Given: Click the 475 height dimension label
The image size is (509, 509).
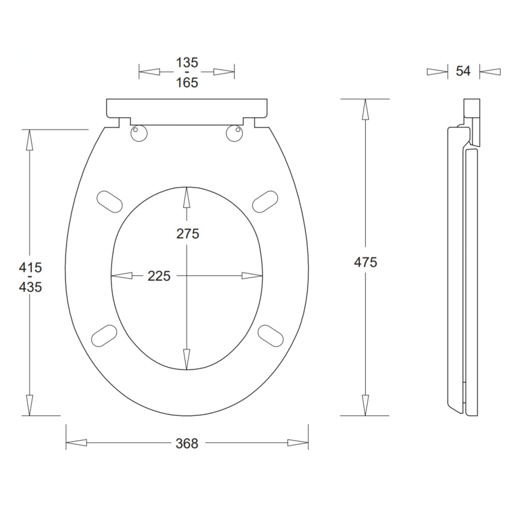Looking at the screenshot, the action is (x=365, y=262).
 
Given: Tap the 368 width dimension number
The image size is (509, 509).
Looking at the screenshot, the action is (x=187, y=443).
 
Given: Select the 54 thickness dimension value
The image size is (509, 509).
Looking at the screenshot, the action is (x=463, y=71).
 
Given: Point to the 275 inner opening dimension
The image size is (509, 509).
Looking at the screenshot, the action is (x=187, y=234).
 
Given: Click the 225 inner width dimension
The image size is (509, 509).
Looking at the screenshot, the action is (x=159, y=276).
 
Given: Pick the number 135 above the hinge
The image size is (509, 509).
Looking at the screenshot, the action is (x=187, y=63).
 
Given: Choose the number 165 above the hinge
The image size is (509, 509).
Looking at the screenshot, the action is (x=187, y=83).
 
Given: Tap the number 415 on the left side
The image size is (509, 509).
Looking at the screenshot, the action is (x=30, y=267).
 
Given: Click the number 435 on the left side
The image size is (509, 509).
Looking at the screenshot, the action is (x=30, y=287).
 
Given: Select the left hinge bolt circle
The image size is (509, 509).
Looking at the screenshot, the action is (x=139, y=133).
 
